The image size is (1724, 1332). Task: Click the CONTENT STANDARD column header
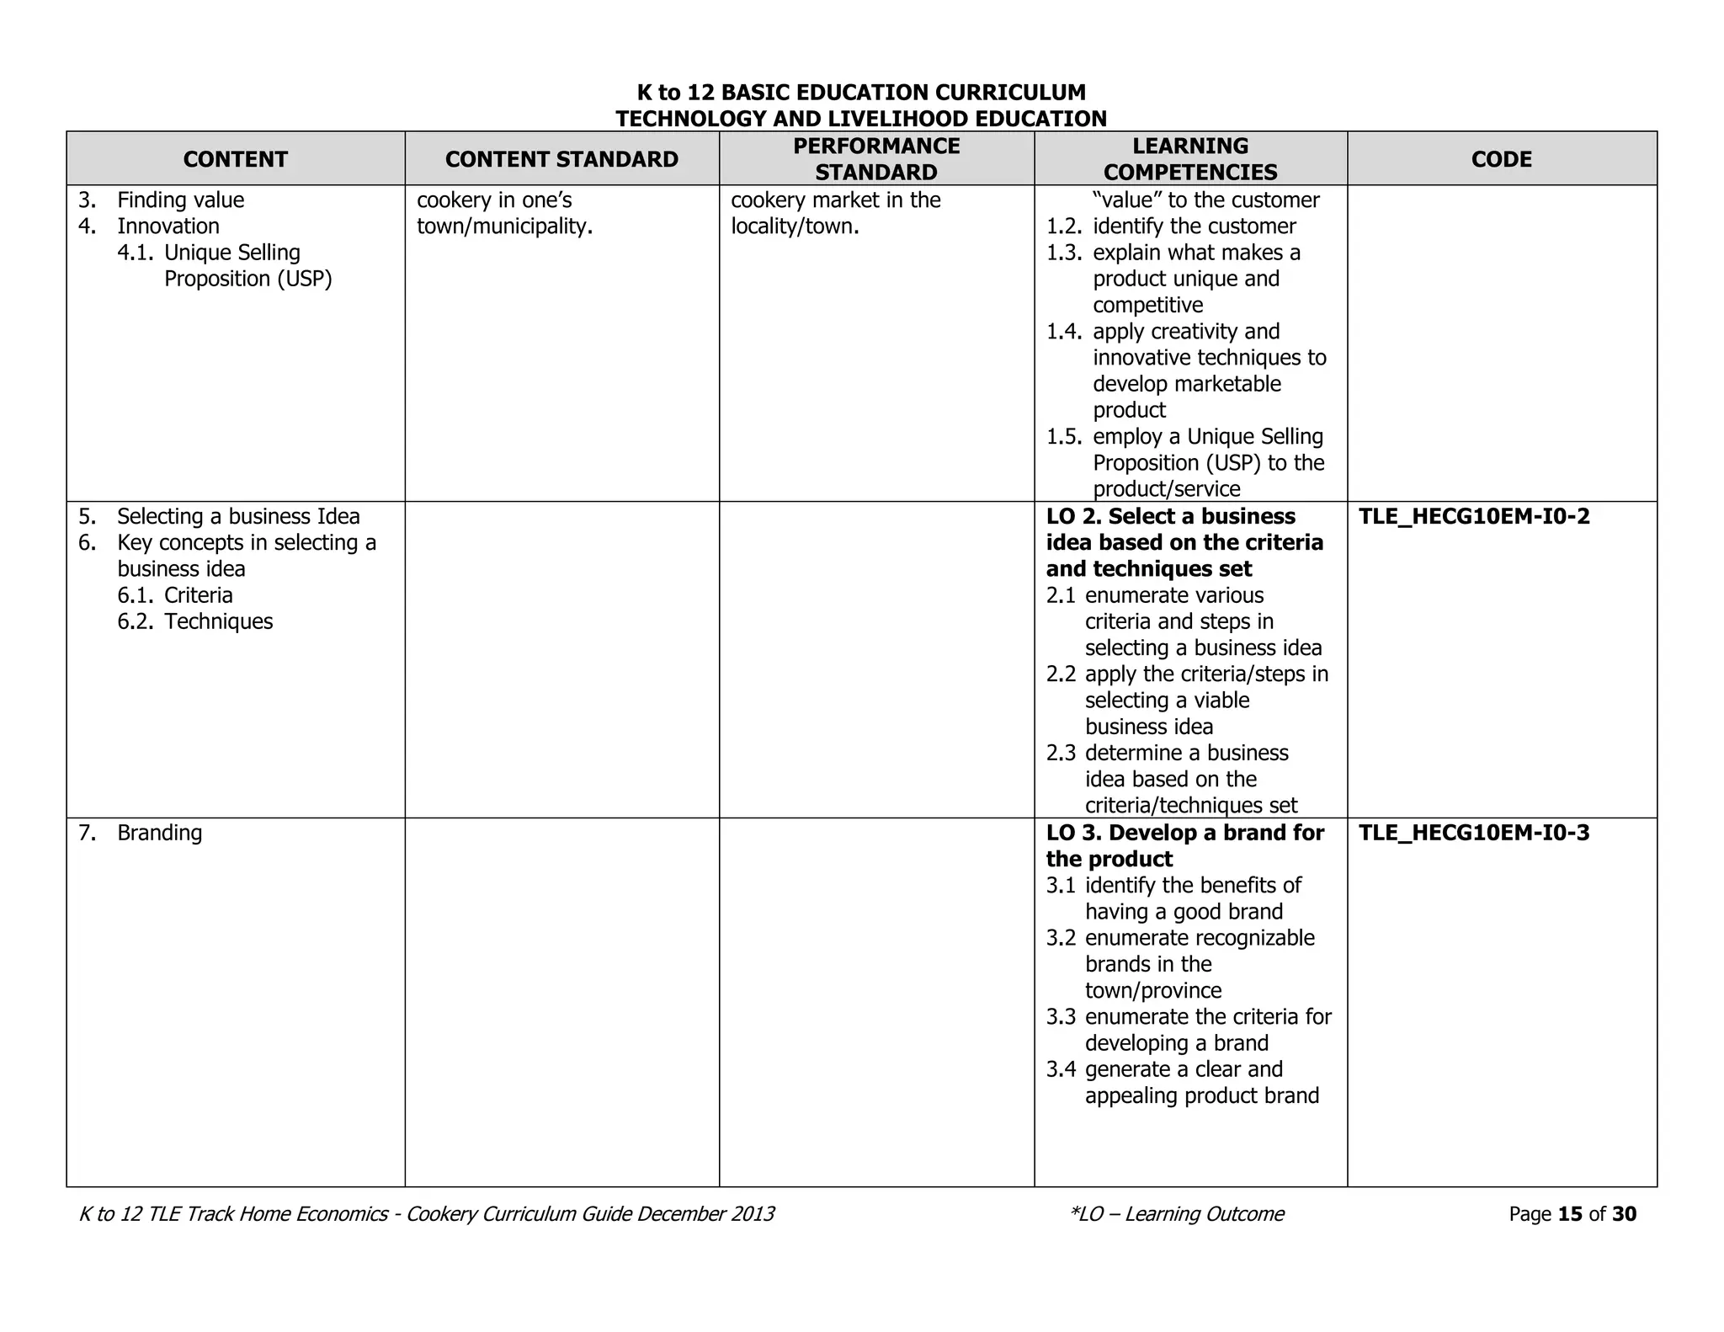(561, 159)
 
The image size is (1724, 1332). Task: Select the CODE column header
(1501, 159)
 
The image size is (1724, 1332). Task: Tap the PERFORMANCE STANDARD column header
(875, 159)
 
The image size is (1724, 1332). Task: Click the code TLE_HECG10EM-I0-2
(1474, 516)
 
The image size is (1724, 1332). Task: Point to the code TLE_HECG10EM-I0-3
(1474, 833)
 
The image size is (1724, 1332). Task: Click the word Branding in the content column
(159, 833)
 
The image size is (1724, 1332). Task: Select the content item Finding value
(180, 200)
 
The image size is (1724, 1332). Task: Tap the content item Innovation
(168, 226)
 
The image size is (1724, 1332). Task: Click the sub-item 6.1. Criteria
(175, 595)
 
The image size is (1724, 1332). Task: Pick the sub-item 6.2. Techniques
(195, 621)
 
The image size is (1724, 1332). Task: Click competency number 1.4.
(1063, 332)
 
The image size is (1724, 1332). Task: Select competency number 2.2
(1061, 674)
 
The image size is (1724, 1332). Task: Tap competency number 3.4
(1061, 1069)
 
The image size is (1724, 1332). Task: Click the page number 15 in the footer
(1570, 1214)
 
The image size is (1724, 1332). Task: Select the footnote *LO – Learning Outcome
(1177, 1214)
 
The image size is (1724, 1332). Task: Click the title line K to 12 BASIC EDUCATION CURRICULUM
(861, 93)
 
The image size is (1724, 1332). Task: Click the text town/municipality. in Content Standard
(504, 226)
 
